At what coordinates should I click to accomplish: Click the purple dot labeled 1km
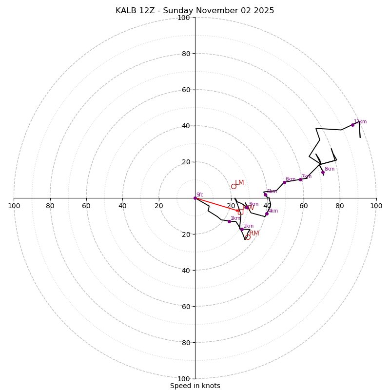229,221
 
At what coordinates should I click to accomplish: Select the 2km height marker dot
241,229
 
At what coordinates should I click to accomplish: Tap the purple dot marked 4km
267,214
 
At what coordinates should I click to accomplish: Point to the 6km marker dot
284,182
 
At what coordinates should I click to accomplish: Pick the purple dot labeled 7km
300,179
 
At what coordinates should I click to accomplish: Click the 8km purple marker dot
323,172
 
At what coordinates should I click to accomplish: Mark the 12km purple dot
352,125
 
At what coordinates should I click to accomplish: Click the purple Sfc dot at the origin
195,198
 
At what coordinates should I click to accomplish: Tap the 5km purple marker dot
265,195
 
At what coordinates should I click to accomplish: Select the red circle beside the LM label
234,186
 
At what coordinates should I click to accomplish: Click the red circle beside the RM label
248,237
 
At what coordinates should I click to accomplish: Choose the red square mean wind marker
240,211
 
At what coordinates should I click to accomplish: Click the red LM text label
239,183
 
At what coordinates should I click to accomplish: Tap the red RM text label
254,234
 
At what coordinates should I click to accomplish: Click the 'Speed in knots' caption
195,386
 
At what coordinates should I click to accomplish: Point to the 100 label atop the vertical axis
184,18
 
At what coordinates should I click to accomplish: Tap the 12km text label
360,122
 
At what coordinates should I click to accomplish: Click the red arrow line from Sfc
217,204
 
